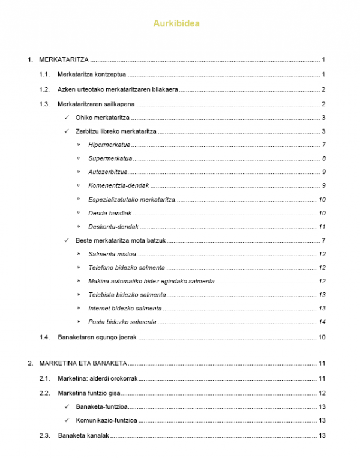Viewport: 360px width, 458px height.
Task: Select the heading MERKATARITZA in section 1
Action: (64, 60)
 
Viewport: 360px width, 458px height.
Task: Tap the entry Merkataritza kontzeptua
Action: (91, 75)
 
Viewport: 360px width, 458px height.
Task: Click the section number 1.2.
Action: (43, 90)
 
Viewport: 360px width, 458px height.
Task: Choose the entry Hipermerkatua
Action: (109, 145)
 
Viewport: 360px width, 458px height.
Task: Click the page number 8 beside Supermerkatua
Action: (323, 158)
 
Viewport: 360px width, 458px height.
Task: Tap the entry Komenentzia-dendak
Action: (118, 186)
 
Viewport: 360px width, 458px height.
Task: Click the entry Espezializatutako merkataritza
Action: (131, 200)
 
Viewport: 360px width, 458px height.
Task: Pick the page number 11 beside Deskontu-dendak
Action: (322, 227)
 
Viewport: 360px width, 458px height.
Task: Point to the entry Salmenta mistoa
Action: (112, 255)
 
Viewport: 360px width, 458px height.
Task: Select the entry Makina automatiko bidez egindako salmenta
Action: (151, 281)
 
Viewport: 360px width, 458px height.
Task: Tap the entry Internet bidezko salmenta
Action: (125, 308)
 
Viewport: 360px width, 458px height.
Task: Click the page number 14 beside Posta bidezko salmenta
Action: (322, 322)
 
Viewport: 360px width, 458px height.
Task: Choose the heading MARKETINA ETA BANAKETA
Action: (82, 364)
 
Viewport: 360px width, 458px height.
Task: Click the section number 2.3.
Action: (43, 436)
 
